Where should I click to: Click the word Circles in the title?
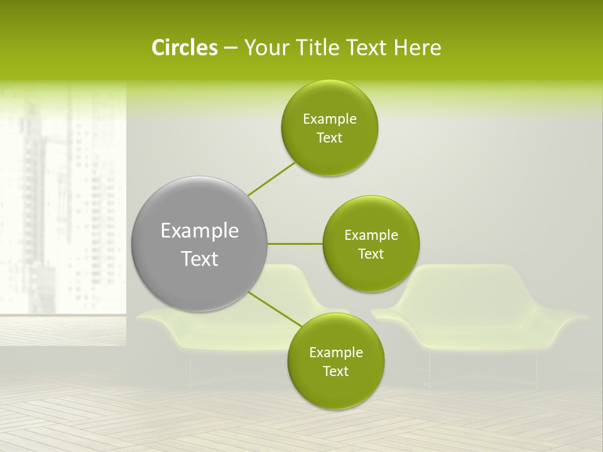(x=184, y=48)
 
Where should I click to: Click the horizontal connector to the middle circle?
(x=295, y=244)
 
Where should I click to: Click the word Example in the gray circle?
(x=200, y=230)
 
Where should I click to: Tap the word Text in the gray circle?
(x=200, y=259)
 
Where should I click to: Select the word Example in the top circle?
(x=330, y=119)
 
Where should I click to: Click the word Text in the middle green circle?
(x=371, y=254)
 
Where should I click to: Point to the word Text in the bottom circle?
(x=335, y=371)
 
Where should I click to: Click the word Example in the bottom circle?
(x=335, y=352)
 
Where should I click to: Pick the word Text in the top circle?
(x=329, y=137)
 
